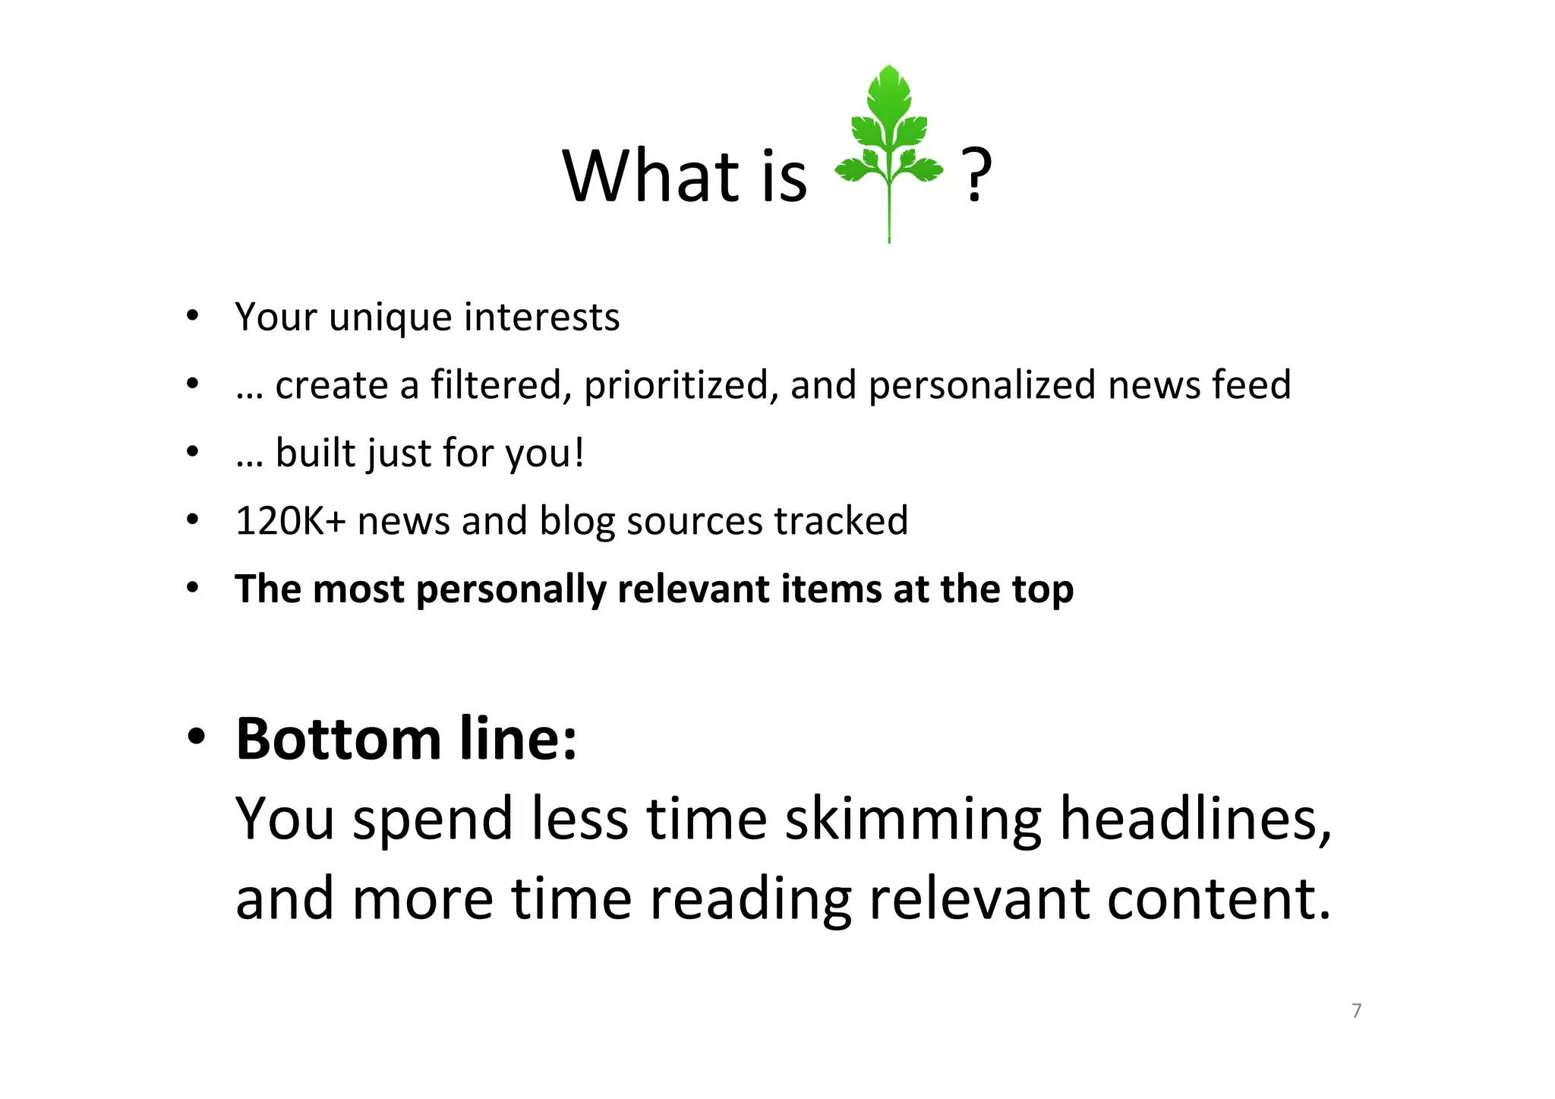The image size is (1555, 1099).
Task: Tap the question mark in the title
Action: [x=976, y=176]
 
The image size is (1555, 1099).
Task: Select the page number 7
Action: [x=1356, y=1010]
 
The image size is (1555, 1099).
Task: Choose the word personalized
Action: [x=983, y=385]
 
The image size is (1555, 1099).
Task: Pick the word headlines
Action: [x=1195, y=820]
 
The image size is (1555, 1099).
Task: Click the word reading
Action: [x=750, y=899]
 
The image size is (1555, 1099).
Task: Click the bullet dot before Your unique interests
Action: [x=193, y=315]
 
